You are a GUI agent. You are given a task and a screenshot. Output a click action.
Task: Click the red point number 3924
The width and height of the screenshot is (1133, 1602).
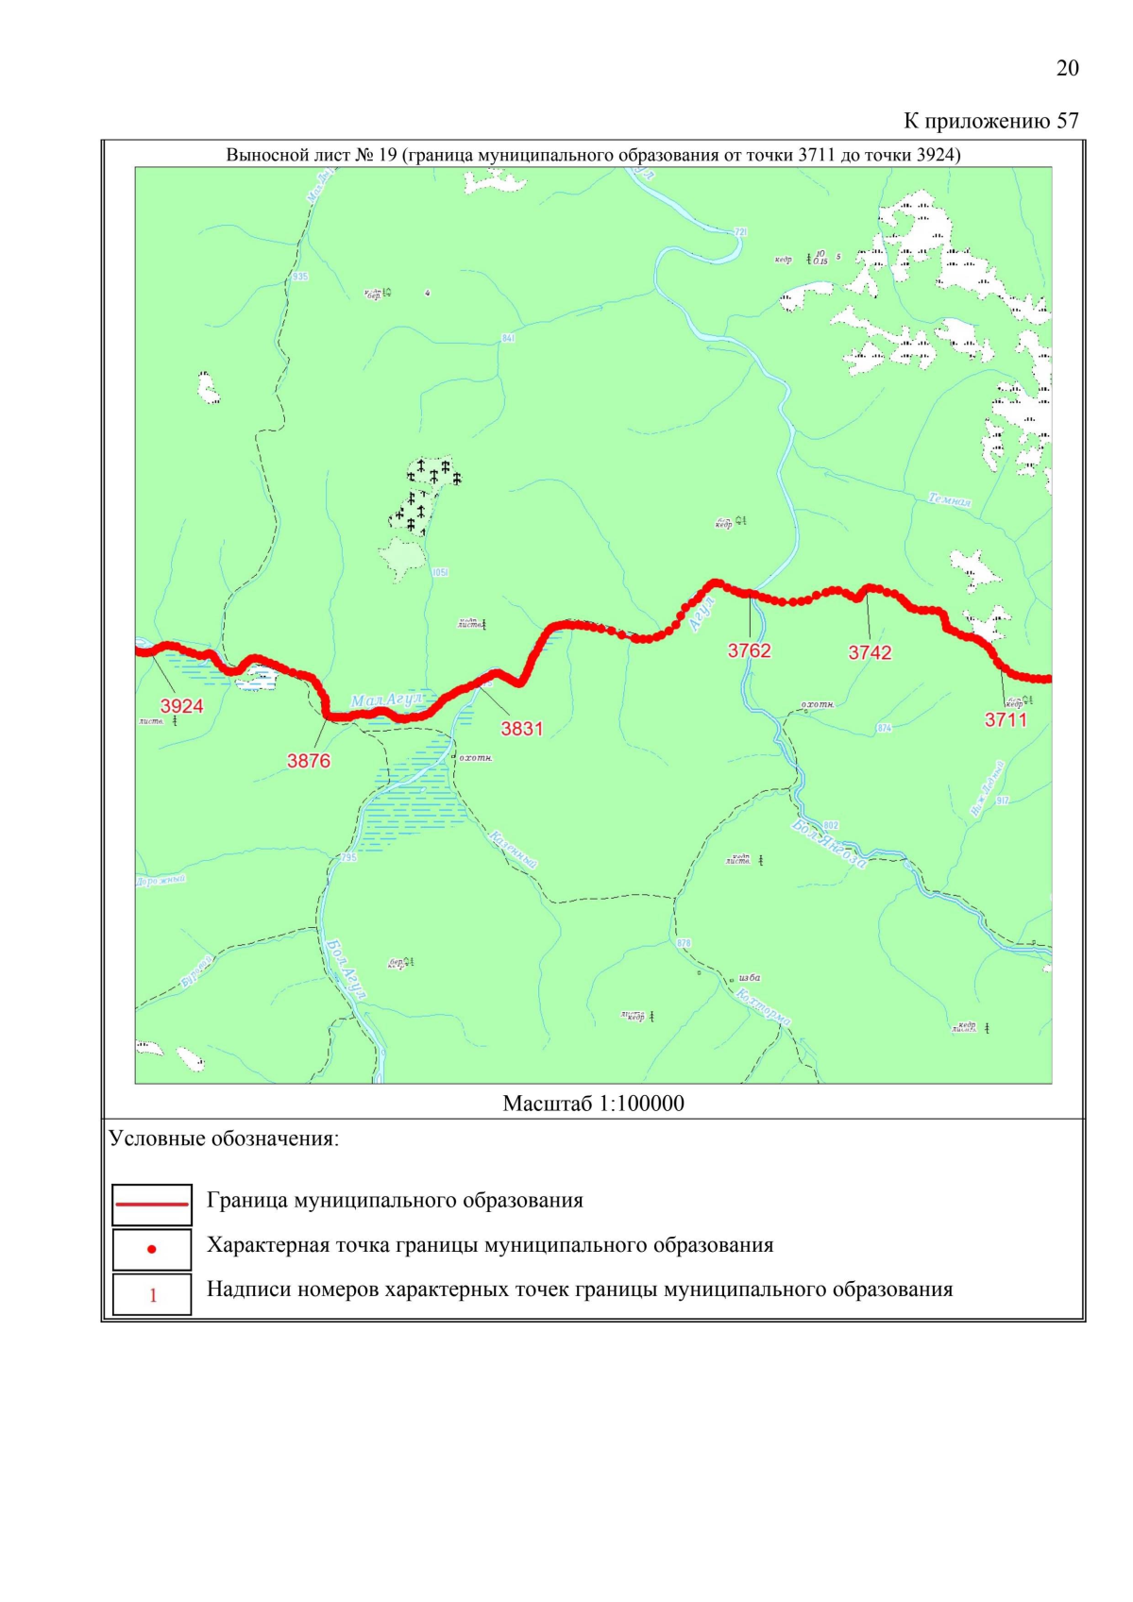[181, 706]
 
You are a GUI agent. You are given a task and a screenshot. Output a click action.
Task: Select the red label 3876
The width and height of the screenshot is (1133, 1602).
[309, 761]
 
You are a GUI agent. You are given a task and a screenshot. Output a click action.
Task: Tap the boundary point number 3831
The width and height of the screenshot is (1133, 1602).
[521, 729]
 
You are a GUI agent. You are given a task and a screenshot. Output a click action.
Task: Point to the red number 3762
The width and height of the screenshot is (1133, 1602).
[749, 651]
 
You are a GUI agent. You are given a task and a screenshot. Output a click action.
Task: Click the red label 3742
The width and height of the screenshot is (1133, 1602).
[870, 653]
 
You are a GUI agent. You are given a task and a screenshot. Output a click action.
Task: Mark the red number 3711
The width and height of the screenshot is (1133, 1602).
[1006, 720]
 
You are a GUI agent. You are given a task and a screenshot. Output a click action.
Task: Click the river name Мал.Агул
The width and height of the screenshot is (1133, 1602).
[388, 700]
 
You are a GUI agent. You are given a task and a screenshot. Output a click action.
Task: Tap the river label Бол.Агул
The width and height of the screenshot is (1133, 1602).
[346, 969]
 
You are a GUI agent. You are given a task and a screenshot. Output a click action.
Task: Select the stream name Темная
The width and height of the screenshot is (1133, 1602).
[949, 499]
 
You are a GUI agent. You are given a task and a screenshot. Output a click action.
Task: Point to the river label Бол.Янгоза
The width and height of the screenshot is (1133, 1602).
[829, 844]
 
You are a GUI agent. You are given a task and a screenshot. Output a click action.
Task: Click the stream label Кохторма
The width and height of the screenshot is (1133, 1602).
[763, 1007]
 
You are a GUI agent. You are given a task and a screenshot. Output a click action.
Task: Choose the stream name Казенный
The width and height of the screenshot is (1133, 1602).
[513, 850]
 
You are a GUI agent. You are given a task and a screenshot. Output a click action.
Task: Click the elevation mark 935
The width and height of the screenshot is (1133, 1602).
[299, 277]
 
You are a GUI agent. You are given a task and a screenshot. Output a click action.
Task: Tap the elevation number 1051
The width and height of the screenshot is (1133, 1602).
[439, 572]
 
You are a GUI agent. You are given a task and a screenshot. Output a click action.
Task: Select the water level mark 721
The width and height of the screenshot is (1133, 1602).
[739, 231]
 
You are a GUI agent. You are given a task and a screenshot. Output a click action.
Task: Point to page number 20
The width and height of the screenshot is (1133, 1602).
[1067, 68]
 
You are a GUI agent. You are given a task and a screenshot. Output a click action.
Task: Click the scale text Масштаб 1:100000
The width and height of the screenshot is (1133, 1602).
[593, 1104]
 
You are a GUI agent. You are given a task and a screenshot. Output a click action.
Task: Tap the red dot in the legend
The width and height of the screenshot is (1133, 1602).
[152, 1250]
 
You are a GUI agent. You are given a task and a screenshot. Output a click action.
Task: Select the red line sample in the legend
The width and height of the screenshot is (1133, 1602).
[152, 1205]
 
